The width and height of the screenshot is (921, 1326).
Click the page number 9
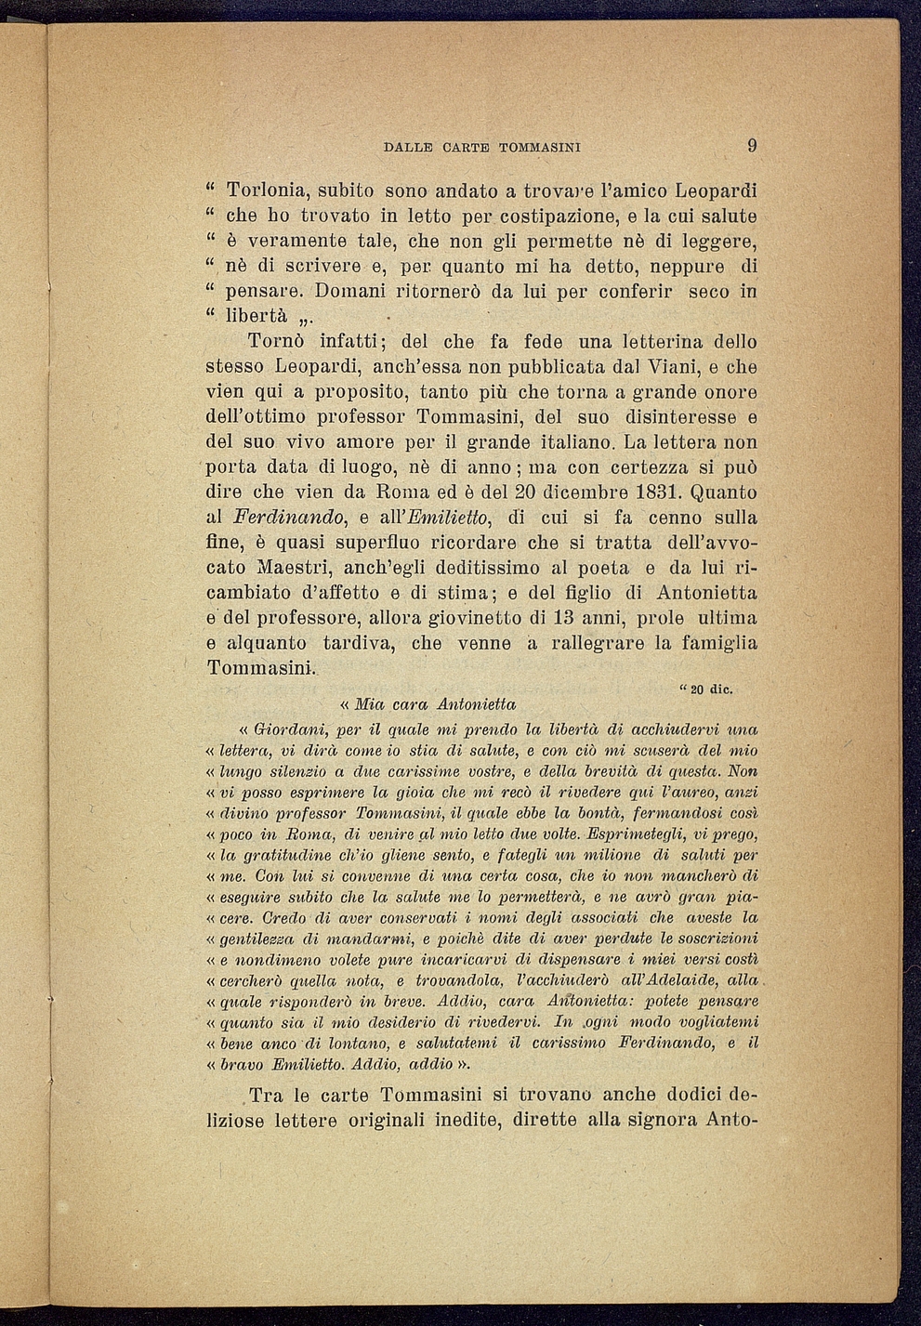(752, 145)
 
